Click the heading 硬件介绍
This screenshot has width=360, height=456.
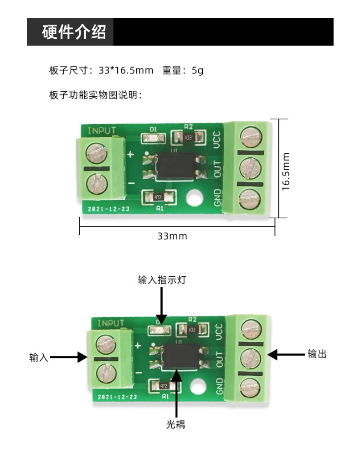(x=74, y=32)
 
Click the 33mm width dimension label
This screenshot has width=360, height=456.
(x=172, y=236)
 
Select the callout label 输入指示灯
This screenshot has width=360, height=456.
(x=162, y=280)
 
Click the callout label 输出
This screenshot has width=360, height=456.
(x=317, y=354)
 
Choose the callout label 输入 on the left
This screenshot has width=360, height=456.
(x=39, y=357)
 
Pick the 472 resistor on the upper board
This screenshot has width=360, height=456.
(x=157, y=197)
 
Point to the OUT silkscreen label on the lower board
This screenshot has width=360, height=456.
(x=219, y=359)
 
